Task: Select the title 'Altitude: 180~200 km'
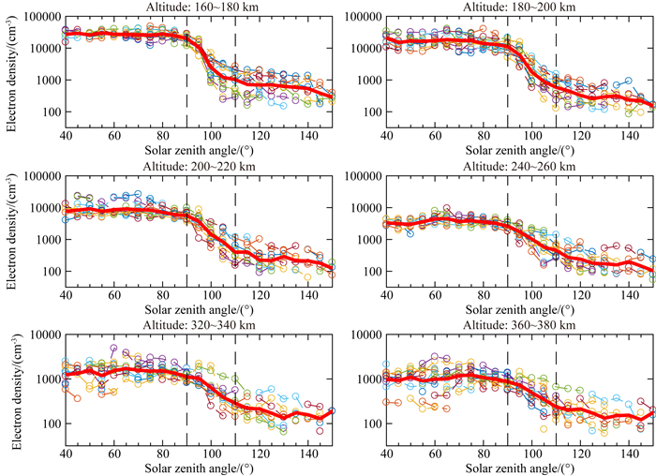[x=519, y=7]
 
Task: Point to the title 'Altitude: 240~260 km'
[x=519, y=165]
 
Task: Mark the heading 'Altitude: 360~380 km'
[x=519, y=323]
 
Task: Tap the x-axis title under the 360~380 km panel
[x=519, y=466]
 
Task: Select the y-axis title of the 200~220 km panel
[x=9, y=225]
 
